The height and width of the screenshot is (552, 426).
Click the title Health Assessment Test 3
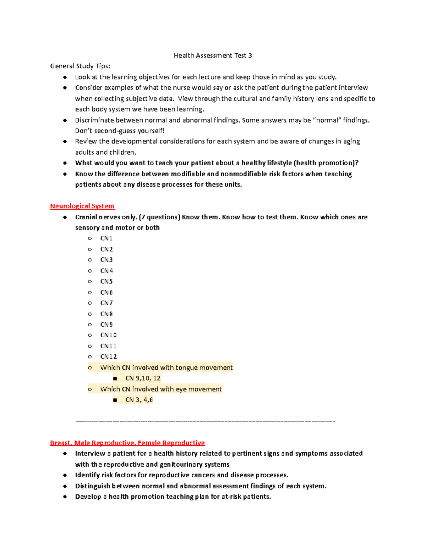tap(213, 55)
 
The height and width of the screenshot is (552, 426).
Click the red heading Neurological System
tap(82, 206)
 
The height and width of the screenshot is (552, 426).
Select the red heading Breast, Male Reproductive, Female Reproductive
tap(127, 443)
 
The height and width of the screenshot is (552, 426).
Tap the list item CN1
tap(106, 239)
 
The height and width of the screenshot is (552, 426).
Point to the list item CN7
tap(106, 303)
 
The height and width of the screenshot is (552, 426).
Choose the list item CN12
tap(108, 357)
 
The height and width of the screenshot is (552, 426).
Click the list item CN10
tap(108, 335)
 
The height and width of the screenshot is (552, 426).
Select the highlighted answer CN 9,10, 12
tap(143, 378)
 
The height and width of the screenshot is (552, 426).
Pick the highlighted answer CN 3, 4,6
tap(139, 400)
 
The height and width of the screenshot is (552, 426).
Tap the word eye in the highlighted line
tap(181, 389)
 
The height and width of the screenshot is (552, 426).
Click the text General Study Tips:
tap(80, 66)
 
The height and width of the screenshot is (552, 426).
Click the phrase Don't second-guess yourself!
tap(120, 131)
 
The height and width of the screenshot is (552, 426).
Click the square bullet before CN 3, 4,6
tap(115, 400)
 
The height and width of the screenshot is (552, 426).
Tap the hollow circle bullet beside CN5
tap(90, 282)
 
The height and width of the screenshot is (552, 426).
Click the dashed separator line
tap(205, 422)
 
